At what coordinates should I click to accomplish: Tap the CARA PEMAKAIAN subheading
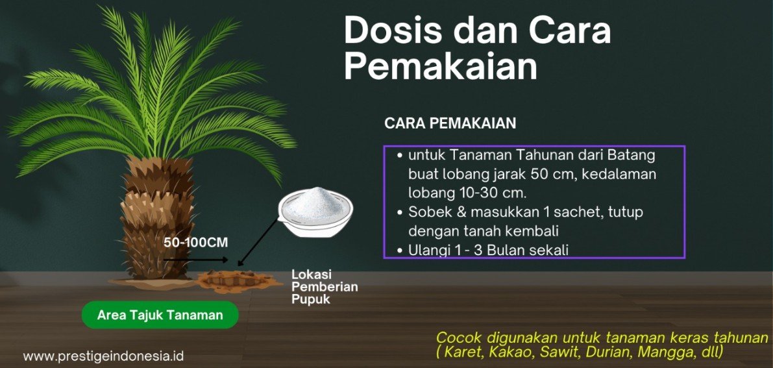point(450,123)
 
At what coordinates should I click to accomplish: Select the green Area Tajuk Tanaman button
point(160,315)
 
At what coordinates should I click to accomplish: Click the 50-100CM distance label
point(196,243)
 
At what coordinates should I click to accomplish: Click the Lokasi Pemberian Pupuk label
point(325,287)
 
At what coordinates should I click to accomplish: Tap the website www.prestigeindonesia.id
point(103,356)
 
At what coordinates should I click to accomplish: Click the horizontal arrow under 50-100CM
point(196,260)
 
